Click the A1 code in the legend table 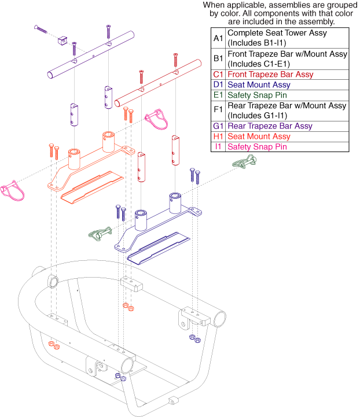tap(218, 38)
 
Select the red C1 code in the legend tap(218, 74)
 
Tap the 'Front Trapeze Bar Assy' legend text tap(270, 74)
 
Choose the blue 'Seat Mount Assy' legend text tap(258, 84)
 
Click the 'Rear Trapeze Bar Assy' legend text tap(270, 126)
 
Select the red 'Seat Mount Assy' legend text tap(258, 136)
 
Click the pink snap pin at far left tap(12, 191)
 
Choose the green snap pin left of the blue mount tap(100, 234)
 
